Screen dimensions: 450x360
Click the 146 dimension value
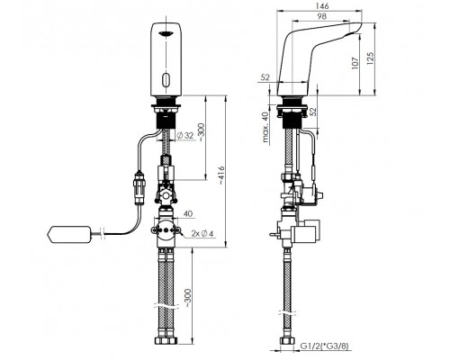322,5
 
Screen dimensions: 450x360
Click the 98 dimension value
321,16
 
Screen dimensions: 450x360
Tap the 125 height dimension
371,58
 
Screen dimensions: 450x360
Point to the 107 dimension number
355,63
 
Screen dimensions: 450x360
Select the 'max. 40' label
265,127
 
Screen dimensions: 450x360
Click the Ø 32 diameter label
185,136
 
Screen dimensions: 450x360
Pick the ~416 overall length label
221,175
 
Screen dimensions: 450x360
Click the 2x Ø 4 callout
202,233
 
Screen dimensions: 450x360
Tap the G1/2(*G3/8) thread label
325,346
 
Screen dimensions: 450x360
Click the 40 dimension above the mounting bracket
187,214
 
